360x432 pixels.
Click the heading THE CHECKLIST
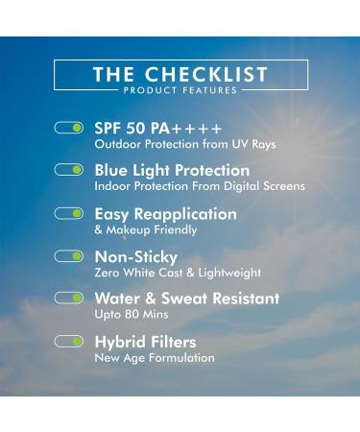(180, 74)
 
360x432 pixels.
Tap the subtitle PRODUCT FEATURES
(180, 90)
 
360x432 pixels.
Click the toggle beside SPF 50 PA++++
(69, 127)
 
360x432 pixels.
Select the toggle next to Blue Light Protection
(69, 170)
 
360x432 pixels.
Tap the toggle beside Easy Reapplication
(69, 213)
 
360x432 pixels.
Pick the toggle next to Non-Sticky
(69, 256)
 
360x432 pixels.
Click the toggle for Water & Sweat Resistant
(69, 298)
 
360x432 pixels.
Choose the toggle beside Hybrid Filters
(69, 341)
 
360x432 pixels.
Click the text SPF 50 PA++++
(158, 128)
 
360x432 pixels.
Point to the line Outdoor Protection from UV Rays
(184, 144)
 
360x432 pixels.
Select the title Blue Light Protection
(172, 170)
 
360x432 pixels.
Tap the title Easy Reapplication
(165, 213)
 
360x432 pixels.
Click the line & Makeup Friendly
(146, 229)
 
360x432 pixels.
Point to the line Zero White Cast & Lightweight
(178, 273)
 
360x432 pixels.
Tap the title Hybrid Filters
(145, 342)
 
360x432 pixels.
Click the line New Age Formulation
(155, 358)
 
